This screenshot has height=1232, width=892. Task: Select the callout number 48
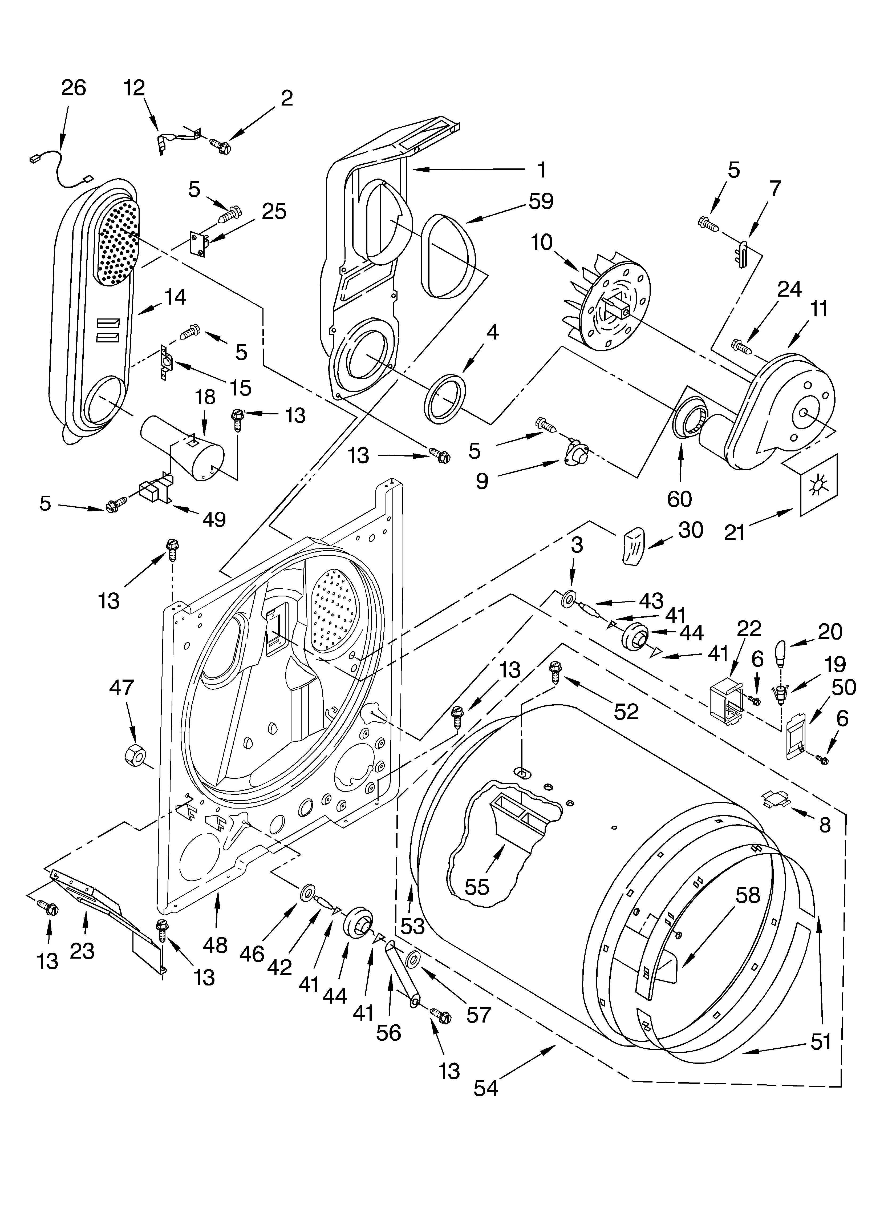(x=215, y=945)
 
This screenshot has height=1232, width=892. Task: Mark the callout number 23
(x=83, y=951)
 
